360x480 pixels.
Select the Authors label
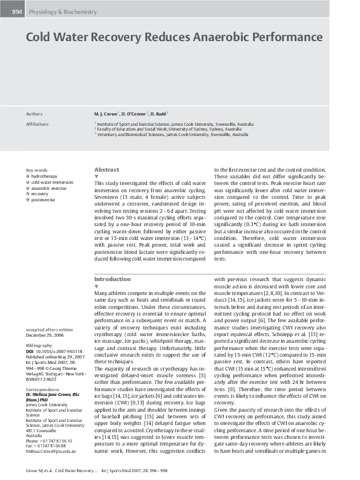(x=34, y=114)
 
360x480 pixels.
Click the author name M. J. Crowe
(x=106, y=114)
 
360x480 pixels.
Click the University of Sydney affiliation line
(x=167, y=129)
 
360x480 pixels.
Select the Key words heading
(x=37, y=170)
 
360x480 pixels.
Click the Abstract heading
(x=107, y=170)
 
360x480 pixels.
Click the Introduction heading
(x=113, y=279)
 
